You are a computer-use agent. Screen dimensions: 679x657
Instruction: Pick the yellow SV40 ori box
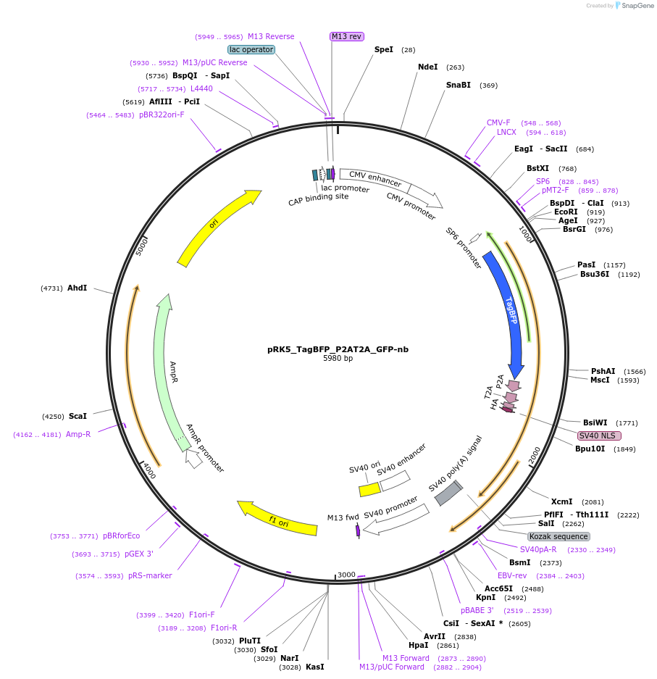pyautogui.click(x=369, y=490)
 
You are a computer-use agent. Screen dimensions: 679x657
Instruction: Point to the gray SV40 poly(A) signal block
pyautogui.click(x=448, y=492)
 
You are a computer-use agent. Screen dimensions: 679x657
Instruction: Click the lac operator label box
pyautogui.click(x=251, y=49)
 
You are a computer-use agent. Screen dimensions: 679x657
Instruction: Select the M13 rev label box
pyautogui.click(x=346, y=36)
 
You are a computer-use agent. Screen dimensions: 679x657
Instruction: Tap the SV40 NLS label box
pyautogui.click(x=598, y=436)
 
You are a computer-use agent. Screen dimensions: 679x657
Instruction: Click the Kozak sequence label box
pyautogui.click(x=558, y=536)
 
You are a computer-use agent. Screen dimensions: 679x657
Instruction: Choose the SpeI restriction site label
pyautogui.click(x=384, y=50)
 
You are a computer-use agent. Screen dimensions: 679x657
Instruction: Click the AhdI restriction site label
pyautogui.click(x=77, y=288)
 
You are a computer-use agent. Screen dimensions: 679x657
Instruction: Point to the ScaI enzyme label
pyautogui.click(x=78, y=416)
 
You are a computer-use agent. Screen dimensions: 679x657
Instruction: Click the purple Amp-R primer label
pyautogui.click(x=78, y=434)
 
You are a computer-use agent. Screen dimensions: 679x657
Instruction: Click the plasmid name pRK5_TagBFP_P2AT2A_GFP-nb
pyautogui.click(x=338, y=349)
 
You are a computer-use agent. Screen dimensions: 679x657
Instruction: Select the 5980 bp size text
pyautogui.click(x=338, y=358)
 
